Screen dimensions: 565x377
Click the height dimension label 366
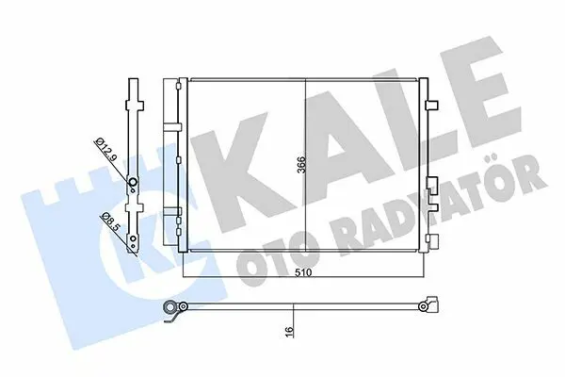[301, 164]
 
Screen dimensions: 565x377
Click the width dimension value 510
[303, 272]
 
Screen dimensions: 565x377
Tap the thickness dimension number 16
[290, 330]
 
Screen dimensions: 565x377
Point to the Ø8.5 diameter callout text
[108, 222]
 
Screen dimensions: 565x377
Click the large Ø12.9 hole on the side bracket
[133, 183]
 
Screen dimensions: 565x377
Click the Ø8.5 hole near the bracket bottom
[134, 238]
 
